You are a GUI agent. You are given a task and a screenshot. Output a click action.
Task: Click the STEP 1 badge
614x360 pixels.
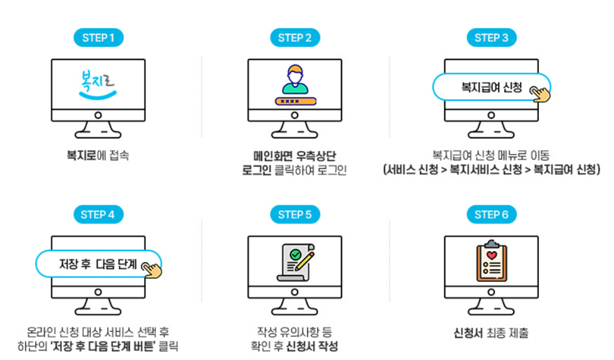click(98, 38)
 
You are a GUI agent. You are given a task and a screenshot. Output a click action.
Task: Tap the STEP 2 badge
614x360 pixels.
click(294, 38)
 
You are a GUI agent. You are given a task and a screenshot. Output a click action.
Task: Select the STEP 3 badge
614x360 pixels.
click(491, 38)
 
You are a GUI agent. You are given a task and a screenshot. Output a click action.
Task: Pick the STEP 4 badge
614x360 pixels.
click(98, 215)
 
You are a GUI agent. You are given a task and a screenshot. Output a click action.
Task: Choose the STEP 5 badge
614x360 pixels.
click(294, 215)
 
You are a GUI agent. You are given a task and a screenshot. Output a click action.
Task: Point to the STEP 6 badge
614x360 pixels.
click(491, 215)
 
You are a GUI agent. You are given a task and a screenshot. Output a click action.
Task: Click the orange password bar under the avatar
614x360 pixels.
click(294, 101)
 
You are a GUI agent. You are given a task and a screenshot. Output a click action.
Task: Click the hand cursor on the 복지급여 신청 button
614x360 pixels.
click(540, 94)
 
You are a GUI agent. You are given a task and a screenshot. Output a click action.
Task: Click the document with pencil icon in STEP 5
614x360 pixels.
click(294, 263)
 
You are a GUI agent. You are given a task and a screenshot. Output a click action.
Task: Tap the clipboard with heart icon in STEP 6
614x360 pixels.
click(491, 262)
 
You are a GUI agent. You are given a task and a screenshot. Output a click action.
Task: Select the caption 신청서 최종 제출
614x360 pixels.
click(491, 333)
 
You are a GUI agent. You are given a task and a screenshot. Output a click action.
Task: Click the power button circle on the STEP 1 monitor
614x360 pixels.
click(98, 116)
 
